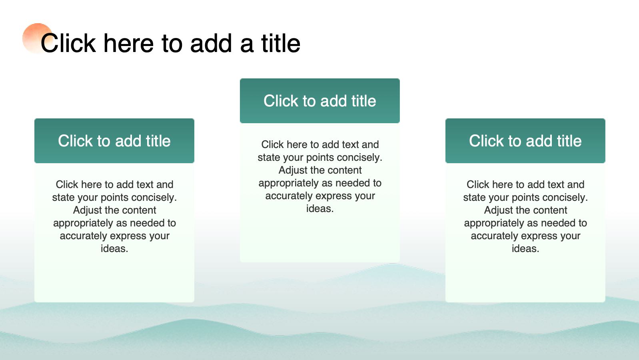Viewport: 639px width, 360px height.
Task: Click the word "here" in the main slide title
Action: point(128,43)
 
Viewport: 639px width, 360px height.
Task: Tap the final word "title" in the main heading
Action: point(281,43)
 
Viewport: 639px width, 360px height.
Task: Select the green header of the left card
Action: point(114,141)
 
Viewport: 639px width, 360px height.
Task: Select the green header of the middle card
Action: point(320,101)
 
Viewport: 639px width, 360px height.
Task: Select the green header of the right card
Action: point(525,141)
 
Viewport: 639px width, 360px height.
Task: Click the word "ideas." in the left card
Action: point(114,249)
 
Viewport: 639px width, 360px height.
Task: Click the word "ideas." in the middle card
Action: point(320,209)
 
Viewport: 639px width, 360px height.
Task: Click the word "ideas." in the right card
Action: point(525,249)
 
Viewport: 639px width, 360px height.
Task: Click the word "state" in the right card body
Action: point(473,198)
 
